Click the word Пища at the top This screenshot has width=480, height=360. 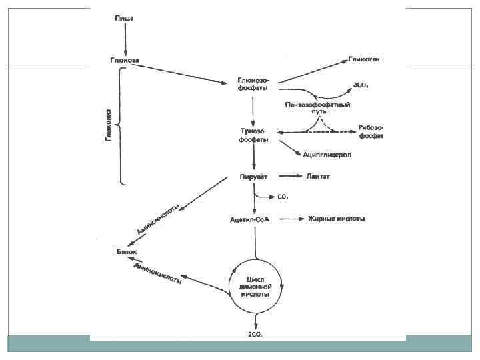[x=123, y=16]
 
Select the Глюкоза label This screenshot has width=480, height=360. [x=125, y=59]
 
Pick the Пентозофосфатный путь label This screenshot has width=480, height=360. [x=318, y=109]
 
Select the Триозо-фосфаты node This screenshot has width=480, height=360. [x=254, y=135]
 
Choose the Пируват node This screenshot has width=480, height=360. [x=254, y=177]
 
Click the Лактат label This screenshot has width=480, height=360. [x=318, y=177]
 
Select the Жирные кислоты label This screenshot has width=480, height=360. [x=336, y=219]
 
